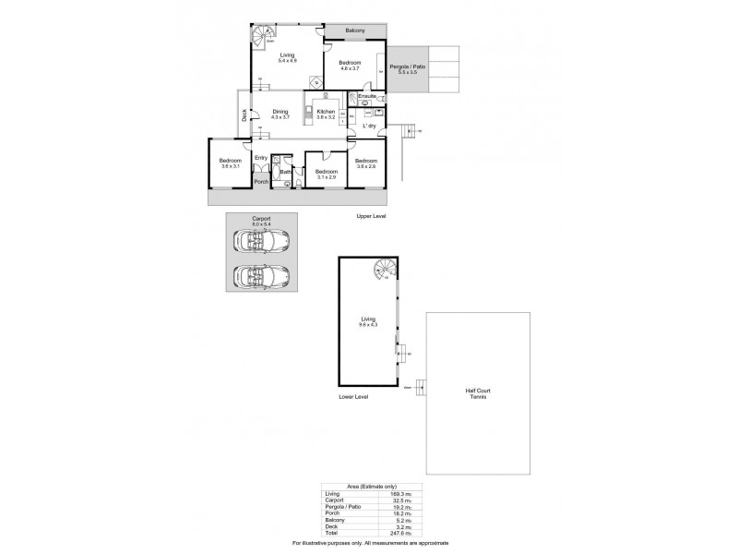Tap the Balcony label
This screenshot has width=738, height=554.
(x=356, y=30)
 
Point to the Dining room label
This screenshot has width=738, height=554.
(x=280, y=113)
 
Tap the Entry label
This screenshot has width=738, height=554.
(x=260, y=158)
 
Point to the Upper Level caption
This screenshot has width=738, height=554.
(x=371, y=216)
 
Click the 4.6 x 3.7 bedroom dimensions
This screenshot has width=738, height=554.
(x=351, y=69)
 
